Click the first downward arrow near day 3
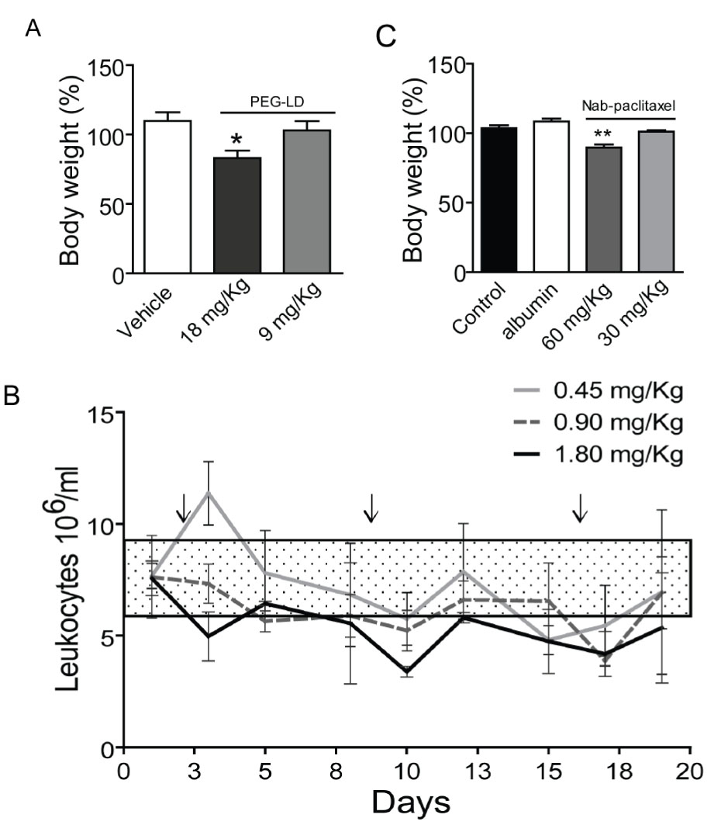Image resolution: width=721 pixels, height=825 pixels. (x=182, y=508)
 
